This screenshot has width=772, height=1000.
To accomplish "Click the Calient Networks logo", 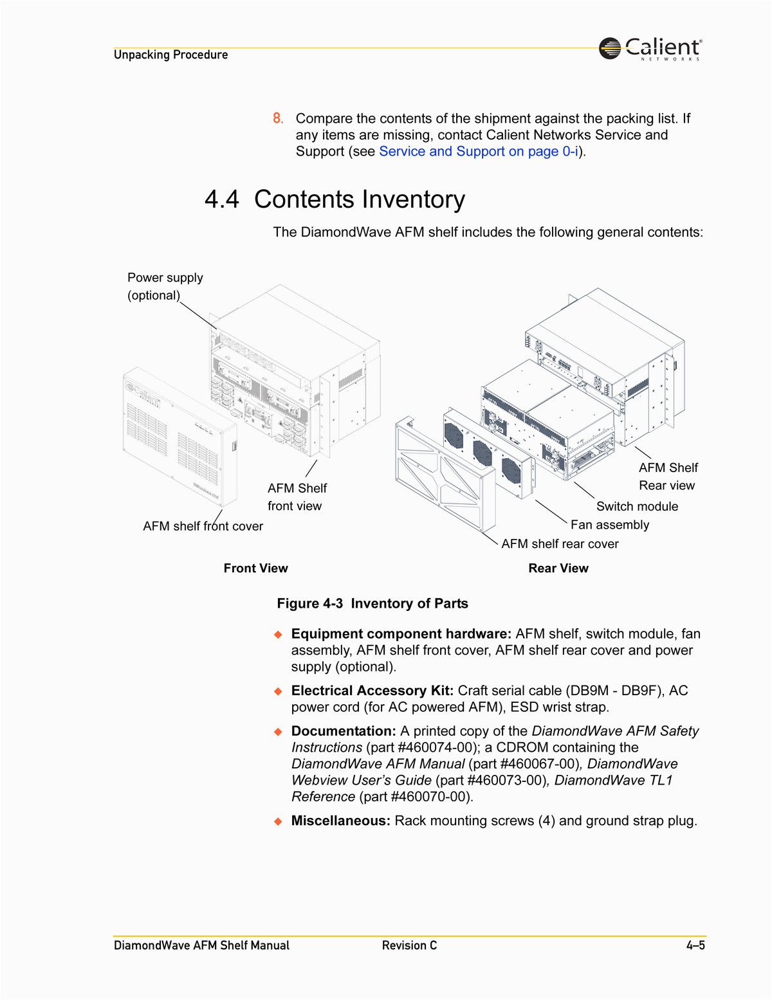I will tap(650, 48).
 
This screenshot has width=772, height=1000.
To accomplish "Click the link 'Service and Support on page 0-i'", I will tap(478, 151).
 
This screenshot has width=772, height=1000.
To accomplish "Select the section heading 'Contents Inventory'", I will tap(359, 199).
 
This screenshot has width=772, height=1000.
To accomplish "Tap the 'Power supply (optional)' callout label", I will tap(165, 286).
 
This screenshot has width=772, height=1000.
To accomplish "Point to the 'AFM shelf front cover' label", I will tap(203, 526).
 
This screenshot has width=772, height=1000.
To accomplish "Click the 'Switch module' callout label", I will tap(637, 506).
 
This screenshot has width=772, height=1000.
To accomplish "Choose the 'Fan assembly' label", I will tap(609, 525).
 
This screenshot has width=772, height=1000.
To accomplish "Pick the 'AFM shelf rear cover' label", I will tap(560, 544).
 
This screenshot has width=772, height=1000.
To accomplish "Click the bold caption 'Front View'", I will tap(255, 568).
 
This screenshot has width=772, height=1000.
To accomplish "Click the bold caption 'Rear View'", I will tap(558, 568).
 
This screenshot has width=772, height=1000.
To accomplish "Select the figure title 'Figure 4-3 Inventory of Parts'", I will tap(372, 603).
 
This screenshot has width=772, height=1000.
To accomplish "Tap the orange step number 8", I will tap(277, 118).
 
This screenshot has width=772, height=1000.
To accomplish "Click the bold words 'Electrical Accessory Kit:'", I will tap(372, 691).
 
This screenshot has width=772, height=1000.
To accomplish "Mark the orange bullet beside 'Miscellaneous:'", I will tap(278, 821).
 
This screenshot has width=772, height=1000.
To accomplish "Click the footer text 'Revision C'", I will tap(409, 945).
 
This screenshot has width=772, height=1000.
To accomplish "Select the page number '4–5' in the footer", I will tap(695, 945).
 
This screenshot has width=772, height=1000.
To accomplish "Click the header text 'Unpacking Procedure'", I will tap(170, 55).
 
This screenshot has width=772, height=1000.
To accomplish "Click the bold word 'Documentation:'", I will tap(343, 731).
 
